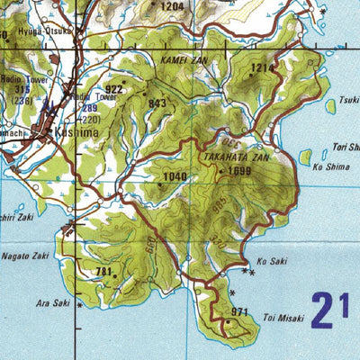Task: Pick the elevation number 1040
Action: coord(175,176)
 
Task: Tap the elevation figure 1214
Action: coord(262,67)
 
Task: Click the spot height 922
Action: coord(114,89)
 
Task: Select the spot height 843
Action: coord(157,103)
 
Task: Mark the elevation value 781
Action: coord(103,272)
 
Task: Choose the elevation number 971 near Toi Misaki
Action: coord(239,312)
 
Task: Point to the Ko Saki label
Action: coord(270,263)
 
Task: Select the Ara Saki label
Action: coord(53,304)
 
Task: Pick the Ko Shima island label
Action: coord(328,166)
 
